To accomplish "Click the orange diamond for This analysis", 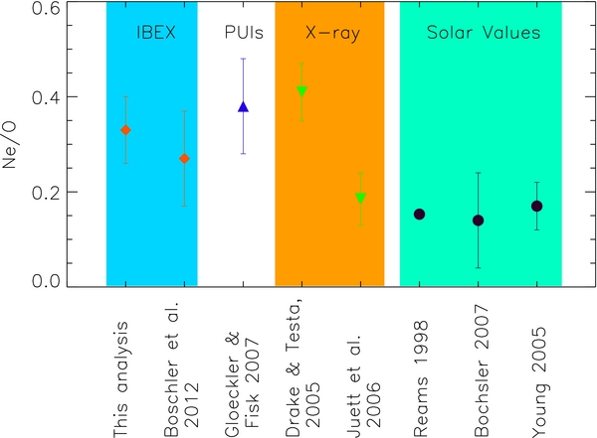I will (x=125, y=130).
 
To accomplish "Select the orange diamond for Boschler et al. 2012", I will (x=184, y=158).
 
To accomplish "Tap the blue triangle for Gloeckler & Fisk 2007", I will (x=243, y=106).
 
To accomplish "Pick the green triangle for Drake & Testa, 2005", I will (x=301, y=91).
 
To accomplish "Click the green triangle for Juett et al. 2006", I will (x=360, y=198).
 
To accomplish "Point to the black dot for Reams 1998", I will (x=420, y=214).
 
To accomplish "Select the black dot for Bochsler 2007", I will (x=478, y=219).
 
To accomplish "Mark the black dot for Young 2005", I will (x=537, y=206).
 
